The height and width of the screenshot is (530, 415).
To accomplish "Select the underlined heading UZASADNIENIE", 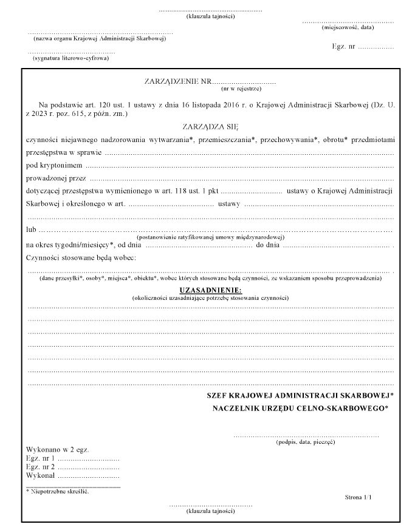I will [210, 291].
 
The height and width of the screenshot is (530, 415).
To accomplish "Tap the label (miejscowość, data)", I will [348, 27].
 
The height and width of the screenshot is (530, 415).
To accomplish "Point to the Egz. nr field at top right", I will [363, 46].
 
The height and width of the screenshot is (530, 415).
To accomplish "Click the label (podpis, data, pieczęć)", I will [306, 443].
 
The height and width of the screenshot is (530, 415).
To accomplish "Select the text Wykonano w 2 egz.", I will [58, 450].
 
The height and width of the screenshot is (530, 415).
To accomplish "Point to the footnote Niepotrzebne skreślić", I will [58, 491].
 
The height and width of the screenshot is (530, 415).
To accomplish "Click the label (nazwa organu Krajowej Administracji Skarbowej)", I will [99, 38].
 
